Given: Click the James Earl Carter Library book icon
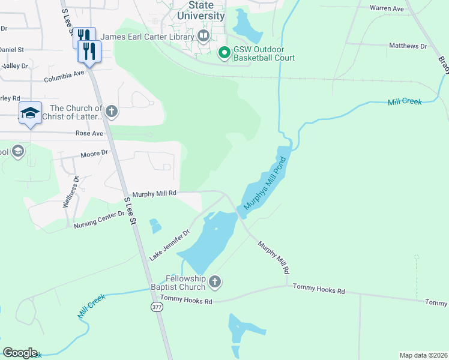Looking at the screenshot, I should pyautogui.click(x=203, y=37).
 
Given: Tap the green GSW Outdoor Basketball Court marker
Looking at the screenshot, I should pyautogui.click(x=224, y=54).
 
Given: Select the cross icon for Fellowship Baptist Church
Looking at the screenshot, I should pyautogui.click(x=215, y=281).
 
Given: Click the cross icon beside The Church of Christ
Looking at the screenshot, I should pyautogui.click(x=110, y=112).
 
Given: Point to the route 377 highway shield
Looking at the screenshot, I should pyautogui.click(x=157, y=307).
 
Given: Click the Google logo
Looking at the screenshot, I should pyautogui.click(x=20, y=353).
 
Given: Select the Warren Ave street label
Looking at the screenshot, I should pyautogui.click(x=387, y=9).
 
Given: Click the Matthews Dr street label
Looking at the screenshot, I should pyautogui.click(x=408, y=46).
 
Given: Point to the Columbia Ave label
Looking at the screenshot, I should pyautogui.click(x=64, y=76).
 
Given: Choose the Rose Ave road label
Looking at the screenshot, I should pyautogui.click(x=89, y=133).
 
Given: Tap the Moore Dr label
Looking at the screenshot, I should pyautogui.click(x=95, y=154).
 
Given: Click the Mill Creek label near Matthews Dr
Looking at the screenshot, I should pyautogui.click(x=405, y=102).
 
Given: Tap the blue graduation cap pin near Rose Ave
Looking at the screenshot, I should pyautogui.click(x=29, y=113).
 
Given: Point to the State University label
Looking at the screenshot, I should pyautogui.click(x=201, y=10).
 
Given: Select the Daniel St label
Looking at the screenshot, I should pyautogui.click(x=11, y=49).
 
